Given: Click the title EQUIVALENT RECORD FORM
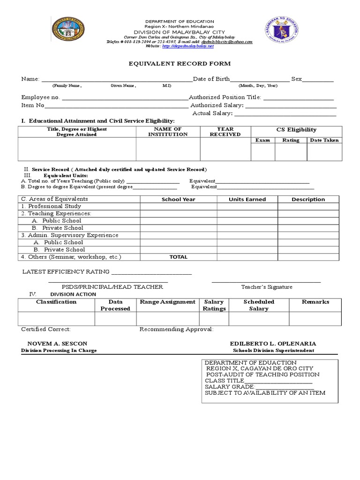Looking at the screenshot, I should (x=180, y=64).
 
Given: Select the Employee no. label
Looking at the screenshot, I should (x=41, y=97).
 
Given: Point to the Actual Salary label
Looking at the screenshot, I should (x=212, y=113).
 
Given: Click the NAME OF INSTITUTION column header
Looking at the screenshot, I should (x=168, y=132).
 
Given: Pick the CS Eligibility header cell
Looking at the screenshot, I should (x=296, y=130).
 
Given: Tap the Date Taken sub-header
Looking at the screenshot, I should (x=324, y=140).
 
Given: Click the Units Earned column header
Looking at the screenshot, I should (x=247, y=199).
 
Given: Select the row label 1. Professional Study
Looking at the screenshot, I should (x=51, y=206).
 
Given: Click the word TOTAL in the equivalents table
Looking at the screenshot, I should (x=178, y=257).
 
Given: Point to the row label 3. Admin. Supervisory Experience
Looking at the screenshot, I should (x=69, y=235).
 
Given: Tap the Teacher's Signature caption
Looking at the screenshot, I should (x=266, y=287).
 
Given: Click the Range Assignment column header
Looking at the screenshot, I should (x=167, y=302).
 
